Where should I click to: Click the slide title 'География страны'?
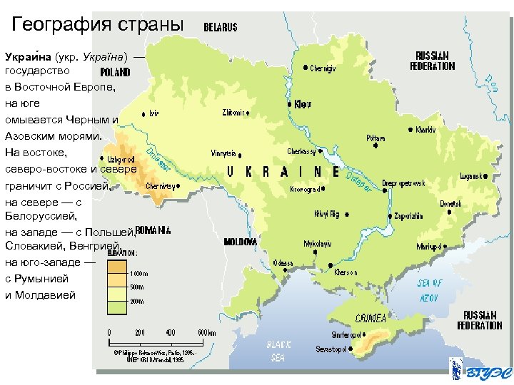pos(99,25)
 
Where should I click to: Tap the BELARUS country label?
pos(221,27)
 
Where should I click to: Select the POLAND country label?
pos(114,72)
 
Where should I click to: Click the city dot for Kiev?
pos(290,104)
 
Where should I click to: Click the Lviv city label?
pos(154,113)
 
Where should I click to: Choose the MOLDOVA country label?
pos(240,242)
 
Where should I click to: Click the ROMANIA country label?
pos(153,230)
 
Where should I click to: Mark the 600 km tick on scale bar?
pos(206,332)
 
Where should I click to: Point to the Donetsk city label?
pos(450,203)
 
